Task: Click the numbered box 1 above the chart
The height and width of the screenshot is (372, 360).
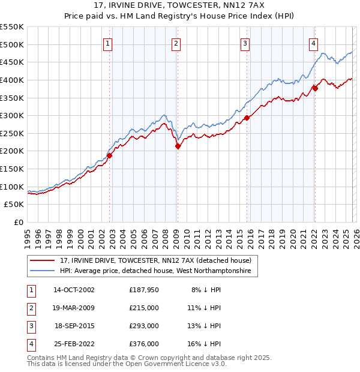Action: click(107, 43)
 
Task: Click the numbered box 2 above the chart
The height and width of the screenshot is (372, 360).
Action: click(176, 43)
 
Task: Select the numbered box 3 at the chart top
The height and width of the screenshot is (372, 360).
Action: click(245, 43)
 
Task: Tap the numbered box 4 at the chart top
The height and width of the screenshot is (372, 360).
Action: click(314, 43)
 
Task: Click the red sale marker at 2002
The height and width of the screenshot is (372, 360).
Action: click(109, 155)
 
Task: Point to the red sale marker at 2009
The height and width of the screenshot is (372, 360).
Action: click(178, 146)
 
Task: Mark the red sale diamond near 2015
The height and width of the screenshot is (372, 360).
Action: click(247, 118)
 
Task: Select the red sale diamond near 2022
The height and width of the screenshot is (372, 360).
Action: click(315, 88)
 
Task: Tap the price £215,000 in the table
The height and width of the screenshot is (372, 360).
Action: click(144, 308)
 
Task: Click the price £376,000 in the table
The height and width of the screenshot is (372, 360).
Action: click(144, 344)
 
